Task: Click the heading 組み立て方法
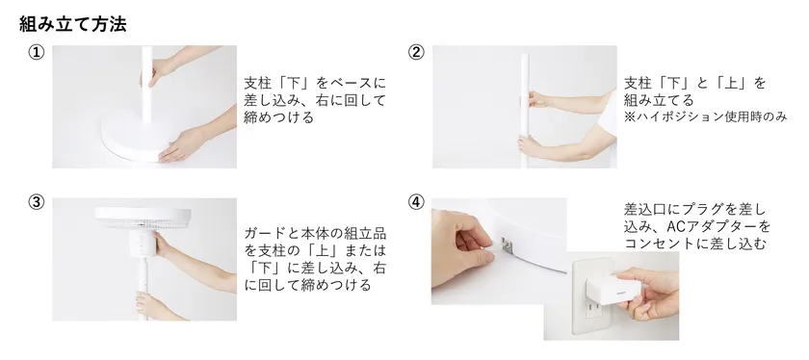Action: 73,24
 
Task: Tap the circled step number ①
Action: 37,53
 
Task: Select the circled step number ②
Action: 416,53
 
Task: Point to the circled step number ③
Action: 37,202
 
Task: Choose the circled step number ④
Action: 416,202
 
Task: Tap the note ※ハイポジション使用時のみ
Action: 705,117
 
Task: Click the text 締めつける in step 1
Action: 278,117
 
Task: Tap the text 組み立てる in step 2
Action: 659,100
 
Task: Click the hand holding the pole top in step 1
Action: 155,72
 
